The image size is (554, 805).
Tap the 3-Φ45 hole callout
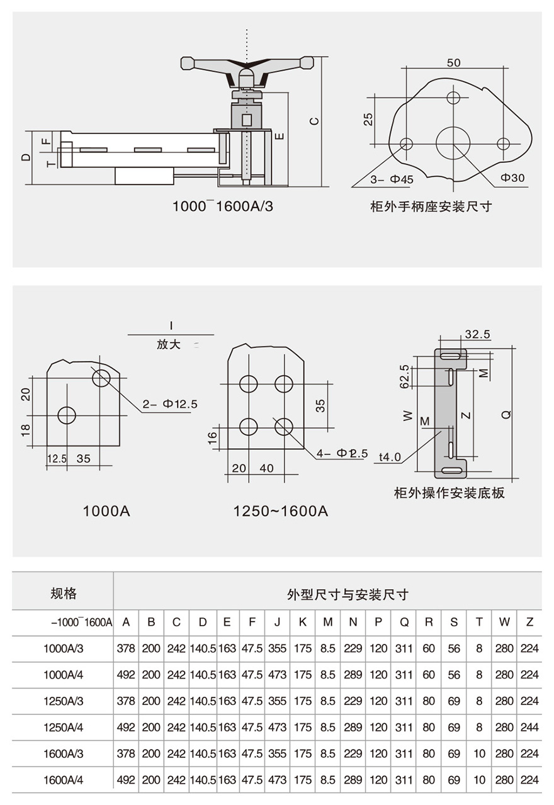click(x=392, y=179)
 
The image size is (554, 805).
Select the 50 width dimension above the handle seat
click(x=453, y=62)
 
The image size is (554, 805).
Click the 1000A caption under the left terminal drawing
click(x=106, y=511)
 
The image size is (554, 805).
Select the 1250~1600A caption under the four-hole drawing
click(x=281, y=511)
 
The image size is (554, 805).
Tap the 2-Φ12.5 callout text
click(x=170, y=404)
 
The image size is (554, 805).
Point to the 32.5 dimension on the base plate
click(x=477, y=335)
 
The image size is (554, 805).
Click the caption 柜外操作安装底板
click(x=449, y=493)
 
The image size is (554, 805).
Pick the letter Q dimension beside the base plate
click(x=507, y=414)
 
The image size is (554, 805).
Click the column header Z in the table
click(x=529, y=622)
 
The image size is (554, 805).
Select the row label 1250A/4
click(x=64, y=728)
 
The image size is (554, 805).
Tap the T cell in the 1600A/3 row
click(x=479, y=754)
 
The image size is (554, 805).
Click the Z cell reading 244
click(x=529, y=728)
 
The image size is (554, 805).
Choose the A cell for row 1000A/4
click(x=126, y=675)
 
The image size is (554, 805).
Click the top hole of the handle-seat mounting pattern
click(x=453, y=98)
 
